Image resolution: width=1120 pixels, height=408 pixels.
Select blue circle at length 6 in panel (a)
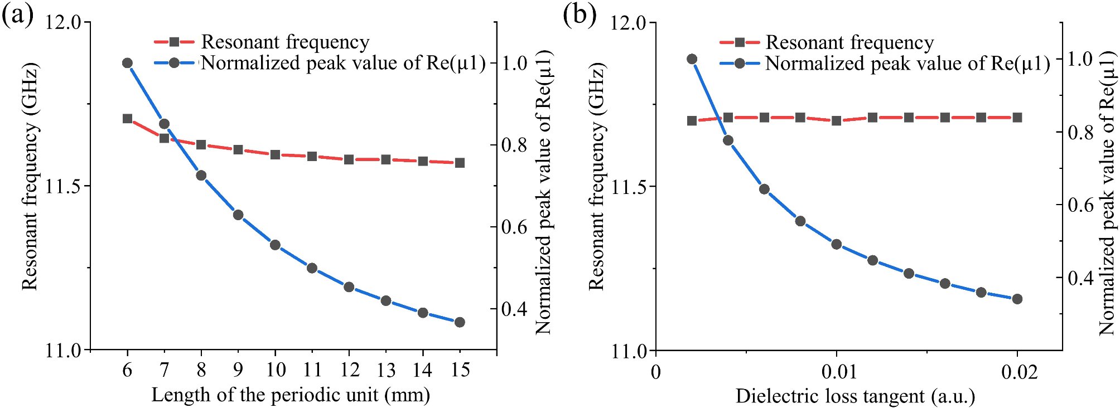[x=127, y=63]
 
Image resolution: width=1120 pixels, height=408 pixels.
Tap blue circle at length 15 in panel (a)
[x=460, y=322]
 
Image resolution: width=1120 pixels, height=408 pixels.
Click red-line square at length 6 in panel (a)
[x=127, y=119]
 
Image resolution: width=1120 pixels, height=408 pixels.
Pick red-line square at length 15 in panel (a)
[x=460, y=163]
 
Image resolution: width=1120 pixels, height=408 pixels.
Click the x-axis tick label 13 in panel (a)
[x=385, y=369]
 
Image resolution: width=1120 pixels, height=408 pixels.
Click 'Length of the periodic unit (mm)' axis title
[x=291, y=395]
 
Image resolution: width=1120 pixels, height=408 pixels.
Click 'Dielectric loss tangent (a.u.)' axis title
[x=855, y=396]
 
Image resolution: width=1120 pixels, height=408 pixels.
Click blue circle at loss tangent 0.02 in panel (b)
[x=1017, y=299]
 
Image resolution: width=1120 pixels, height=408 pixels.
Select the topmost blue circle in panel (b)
[x=692, y=59]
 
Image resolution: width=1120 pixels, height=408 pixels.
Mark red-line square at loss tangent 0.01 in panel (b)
[x=836, y=120]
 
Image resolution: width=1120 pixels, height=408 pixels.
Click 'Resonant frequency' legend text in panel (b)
[x=849, y=42]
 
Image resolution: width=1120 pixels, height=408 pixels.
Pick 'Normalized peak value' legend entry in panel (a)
[x=343, y=63]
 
